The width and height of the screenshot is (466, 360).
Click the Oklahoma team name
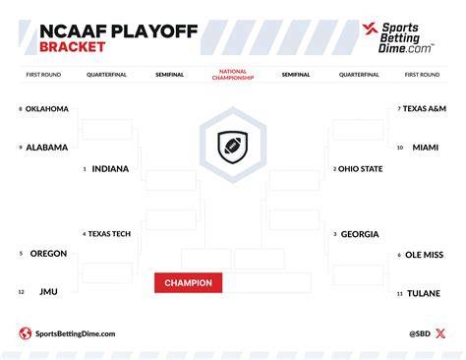point(47,109)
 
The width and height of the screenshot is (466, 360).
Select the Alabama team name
point(47,148)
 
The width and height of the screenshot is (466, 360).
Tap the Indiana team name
point(110,169)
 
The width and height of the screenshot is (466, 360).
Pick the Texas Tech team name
point(109,234)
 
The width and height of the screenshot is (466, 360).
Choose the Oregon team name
point(48,254)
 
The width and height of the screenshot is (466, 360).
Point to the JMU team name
point(48,292)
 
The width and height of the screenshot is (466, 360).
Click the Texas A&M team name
point(425,108)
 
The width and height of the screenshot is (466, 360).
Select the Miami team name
point(426,148)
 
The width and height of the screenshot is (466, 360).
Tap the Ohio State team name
point(360,169)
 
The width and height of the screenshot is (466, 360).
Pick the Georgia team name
point(360,234)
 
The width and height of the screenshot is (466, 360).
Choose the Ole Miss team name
point(425,255)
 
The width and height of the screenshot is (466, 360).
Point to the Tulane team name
point(424,293)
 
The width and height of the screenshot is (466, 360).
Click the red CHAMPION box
point(189,283)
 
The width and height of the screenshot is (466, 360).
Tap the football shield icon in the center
point(233,147)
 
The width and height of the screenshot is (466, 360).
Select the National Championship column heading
point(233,75)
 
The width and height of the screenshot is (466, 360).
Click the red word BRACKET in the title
point(73,47)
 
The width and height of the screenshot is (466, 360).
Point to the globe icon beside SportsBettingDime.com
point(26,333)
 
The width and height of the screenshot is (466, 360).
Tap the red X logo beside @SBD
point(440,333)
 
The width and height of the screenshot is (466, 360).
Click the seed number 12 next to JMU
point(22,292)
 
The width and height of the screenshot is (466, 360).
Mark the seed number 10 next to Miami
point(400,148)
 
